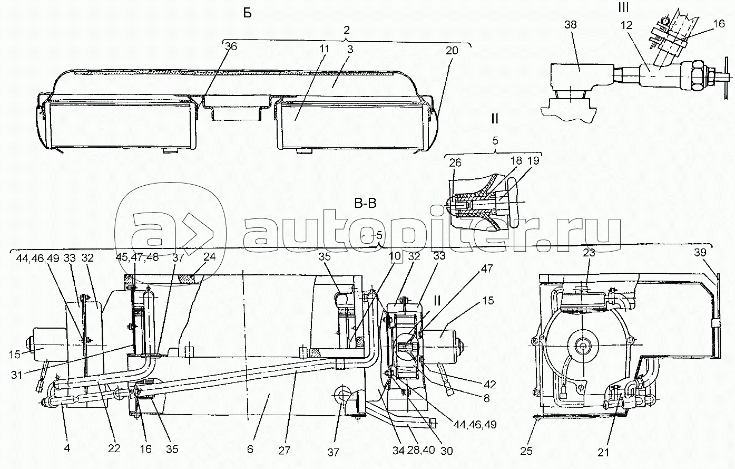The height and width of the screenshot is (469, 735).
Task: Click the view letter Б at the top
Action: click(x=248, y=14)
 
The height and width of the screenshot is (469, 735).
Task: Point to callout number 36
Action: click(x=231, y=46)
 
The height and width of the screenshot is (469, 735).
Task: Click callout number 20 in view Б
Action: click(x=452, y=51)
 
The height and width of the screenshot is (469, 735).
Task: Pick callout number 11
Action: click(x=324, y=47)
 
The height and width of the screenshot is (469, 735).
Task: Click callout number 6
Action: click(x=250, y=449)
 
